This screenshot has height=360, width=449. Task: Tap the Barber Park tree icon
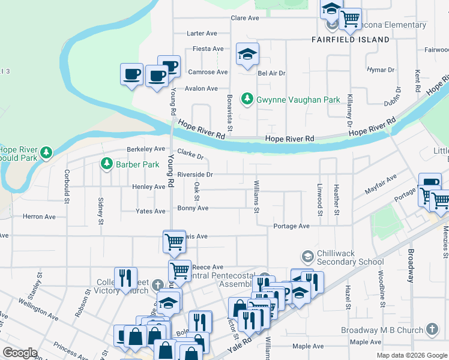pyautogui.click(x=107, y=164)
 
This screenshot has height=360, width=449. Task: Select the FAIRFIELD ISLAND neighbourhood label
pyautogui.click(x=351, y=40)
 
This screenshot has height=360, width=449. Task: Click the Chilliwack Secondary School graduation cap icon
pyautogui.click(x=308, y=257)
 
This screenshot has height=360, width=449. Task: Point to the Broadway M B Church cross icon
pyautogui.click(x=432, y=329)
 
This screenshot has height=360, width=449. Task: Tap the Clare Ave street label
pyautogui.click(x=245, y=18)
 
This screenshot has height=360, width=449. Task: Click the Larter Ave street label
pyautogui.click(x=202, y=34)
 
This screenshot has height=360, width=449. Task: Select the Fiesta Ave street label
pyautogui.click(x=208, y=49)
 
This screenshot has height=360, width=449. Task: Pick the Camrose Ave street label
pyautogui.click(x=207, y=72)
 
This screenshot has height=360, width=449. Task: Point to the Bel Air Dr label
pyautogui.click(x=271, y=73)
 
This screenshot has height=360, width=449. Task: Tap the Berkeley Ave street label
pyautogui.click(x=145, y=149)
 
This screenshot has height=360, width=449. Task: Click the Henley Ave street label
pyautogui.click(x=148, y=187)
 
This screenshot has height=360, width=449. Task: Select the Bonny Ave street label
pyautogui.click(x=193, y=208)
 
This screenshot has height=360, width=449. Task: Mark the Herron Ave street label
pyautogui.click(x=38, y=216)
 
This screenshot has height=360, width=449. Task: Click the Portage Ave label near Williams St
pyautogui.click(x=291, y=226)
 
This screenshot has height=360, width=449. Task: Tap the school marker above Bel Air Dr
pyautogui.click(x=247, y=55)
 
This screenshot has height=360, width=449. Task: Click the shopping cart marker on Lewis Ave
pyautogui.click(x=174, y=242)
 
